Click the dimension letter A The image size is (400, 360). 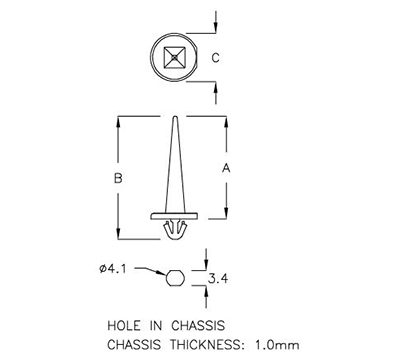pos(225,169)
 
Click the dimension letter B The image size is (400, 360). pos(118,178)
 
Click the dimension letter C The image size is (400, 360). pos(216,58)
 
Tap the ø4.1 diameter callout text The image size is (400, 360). pos(114,268)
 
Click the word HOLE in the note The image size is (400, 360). pos(122,325)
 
